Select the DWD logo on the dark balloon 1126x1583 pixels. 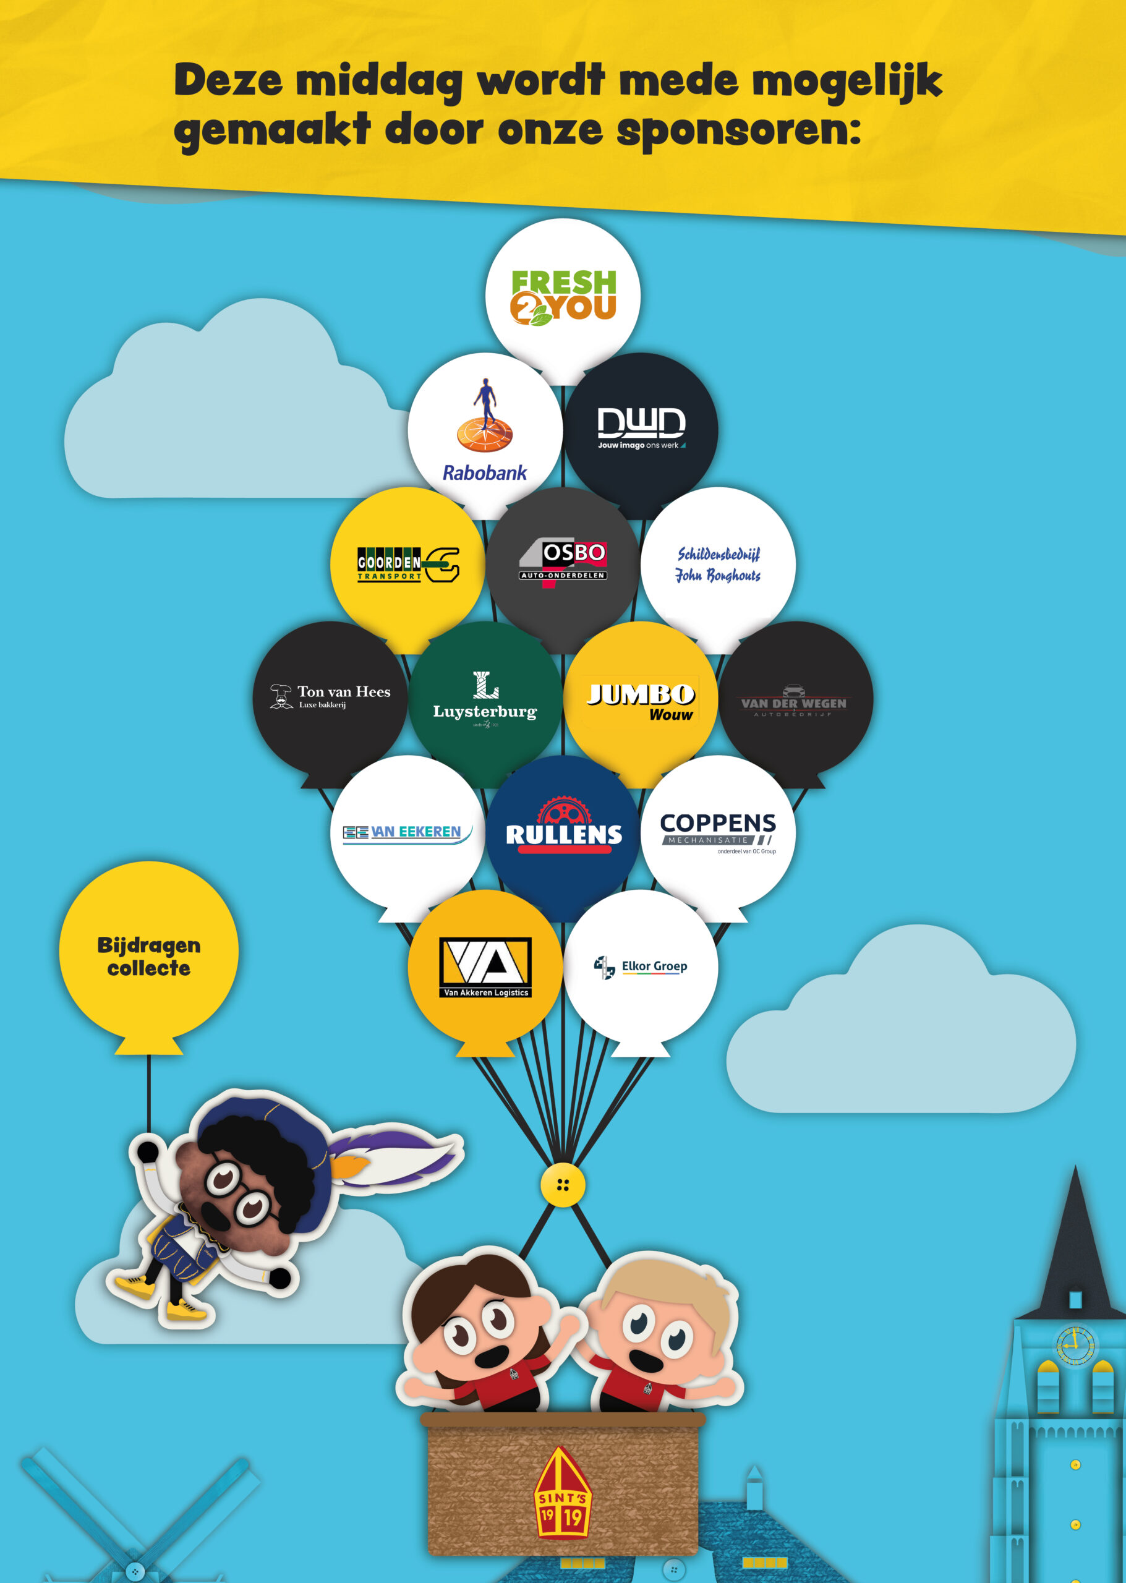pyautogui.click(x=641, y=427)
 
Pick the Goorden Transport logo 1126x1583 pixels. pyautogui.click(x=407, y=564)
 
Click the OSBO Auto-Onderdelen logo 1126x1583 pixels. pyautogui.click(x=563, y=562)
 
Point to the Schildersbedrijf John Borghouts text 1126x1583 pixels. pyautogui.click(x=719, y=564)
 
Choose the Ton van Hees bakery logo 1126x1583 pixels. pyautogui.click(x=330, y=696)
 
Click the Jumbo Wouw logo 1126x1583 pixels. pyautogui.click(x=641, y=701)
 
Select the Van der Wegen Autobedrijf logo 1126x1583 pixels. pyautogui.click(x=794, y=701)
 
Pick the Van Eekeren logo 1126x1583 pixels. pyautogui.click(x=407, y=832)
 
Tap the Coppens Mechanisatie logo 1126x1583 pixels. pyautogui.click(x=719, y=830)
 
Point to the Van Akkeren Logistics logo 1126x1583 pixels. pyautogui.click(x=485, y=966)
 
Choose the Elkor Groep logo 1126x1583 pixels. pyautogui.click(x=641, y=966)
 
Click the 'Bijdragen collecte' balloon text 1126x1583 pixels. pyautogui.click(x=149, y=956)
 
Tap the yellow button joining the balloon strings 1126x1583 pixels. pyautogui.click(x=563, y=1185)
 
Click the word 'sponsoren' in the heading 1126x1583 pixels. pyautogui.click(x=738, y=130)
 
